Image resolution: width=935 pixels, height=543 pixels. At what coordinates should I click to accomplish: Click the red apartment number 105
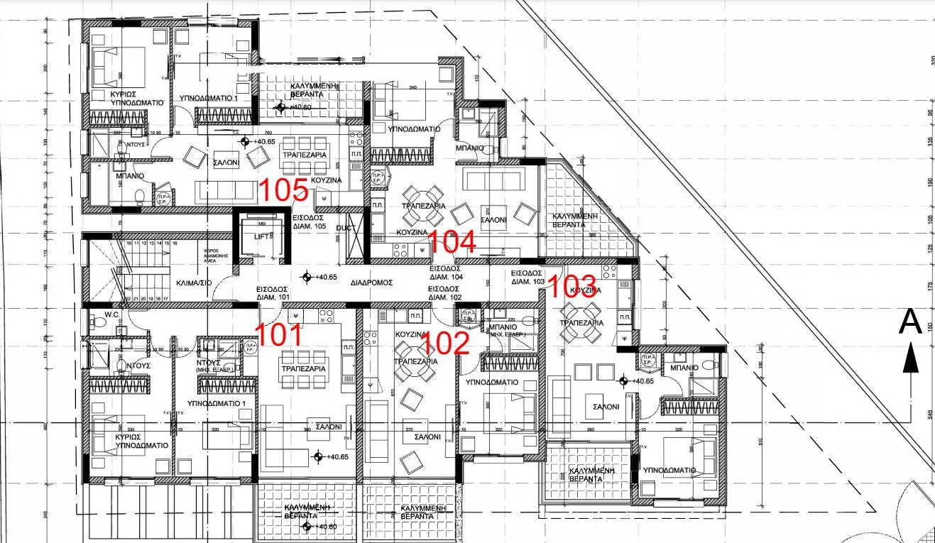pyautogui.click(x=283, y=191)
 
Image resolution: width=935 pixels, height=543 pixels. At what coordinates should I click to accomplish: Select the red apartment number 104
pyautogui.click(x=452, y=243)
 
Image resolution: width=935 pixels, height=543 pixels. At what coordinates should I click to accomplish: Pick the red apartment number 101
pyautogui.click(x=278, y=335)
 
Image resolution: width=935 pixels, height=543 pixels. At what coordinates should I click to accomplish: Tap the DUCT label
pyautogui.click(x=345, y=229)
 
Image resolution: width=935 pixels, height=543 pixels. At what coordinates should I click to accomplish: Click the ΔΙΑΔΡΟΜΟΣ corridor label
pyautogui.click(x=371, y=282)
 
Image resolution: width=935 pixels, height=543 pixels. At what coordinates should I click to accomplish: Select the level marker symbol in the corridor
pyautogui.click(x=306, y=276)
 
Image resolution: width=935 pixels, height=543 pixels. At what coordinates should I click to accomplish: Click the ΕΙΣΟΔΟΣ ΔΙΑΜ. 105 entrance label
pyautogui.click(x=309, y=222)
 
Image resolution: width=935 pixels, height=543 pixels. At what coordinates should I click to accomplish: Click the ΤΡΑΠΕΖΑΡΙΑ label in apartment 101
pyautogui.click(x=303, y=369)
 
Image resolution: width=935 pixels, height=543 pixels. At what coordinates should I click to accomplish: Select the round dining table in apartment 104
pyautogui.click(x=423, y=197)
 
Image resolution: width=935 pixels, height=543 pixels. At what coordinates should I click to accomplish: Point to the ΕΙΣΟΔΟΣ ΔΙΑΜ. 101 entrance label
pyautogui.click(x=274, y=293)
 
